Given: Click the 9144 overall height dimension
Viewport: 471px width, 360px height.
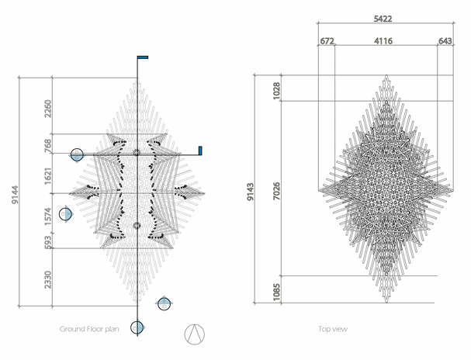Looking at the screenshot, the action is (x=15, y=195).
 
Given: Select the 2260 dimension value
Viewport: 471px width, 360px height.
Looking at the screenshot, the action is (x=48, y=109).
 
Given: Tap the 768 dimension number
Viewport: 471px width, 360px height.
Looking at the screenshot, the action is (x=48, y=146).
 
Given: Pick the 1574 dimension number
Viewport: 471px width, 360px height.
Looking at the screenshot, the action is (x=48, y=216).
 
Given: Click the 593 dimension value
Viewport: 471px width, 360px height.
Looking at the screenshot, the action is (x=48, y=242).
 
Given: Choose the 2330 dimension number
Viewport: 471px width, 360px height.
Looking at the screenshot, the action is (x=48, y=279).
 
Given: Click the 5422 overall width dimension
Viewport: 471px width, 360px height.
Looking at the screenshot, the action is (x=383, y=19).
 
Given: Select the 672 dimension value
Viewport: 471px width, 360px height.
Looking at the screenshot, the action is (x=327, y=41).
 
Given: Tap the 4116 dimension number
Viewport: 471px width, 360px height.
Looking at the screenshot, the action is (x=383, y=41).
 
